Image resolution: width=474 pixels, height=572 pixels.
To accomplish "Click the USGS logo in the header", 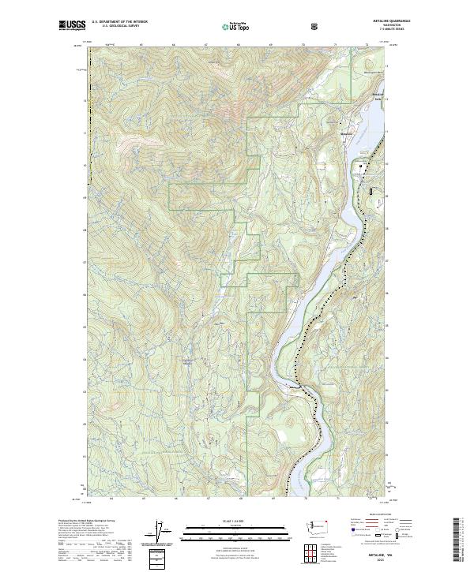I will (72, 26).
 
